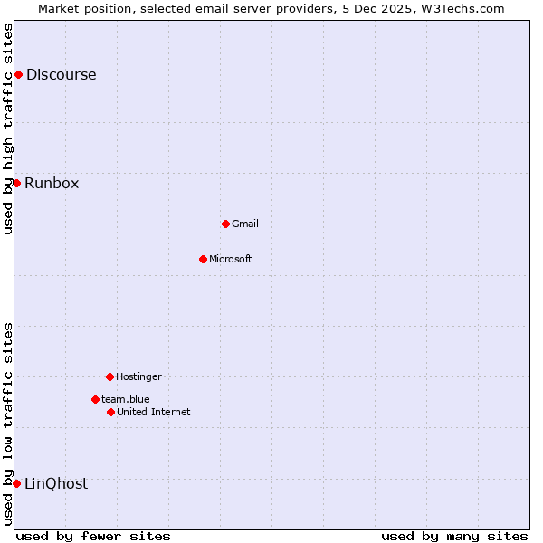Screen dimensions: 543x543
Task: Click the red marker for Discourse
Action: (18, 74)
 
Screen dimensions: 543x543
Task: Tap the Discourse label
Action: (61, 75)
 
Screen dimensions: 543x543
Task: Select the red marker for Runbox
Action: (16, 183)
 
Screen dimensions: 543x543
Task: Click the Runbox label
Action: (52, 184)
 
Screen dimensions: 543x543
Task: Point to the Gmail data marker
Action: (225, 224)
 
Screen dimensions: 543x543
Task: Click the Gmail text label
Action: (245, 224)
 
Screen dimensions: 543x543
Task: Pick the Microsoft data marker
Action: (203, 259)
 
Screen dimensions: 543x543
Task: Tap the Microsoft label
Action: (231, 260)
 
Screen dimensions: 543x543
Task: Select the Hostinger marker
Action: (110, 376)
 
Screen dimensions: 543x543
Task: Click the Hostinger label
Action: (138, 377)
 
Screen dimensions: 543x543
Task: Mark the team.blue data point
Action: (95, 399)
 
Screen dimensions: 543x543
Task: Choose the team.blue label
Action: (126, 400)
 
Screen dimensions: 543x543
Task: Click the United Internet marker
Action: (110, 412)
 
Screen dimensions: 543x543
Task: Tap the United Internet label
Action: (154, 413)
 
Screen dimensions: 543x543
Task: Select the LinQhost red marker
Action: (16, 483)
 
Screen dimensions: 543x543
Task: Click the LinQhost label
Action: (56, 484)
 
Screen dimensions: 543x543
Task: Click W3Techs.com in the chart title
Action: (464, 8)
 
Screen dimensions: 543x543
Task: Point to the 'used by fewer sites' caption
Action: (93, 536)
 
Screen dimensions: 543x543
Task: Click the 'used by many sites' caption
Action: (454, 536)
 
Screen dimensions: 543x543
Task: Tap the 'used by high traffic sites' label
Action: (8, 129)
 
